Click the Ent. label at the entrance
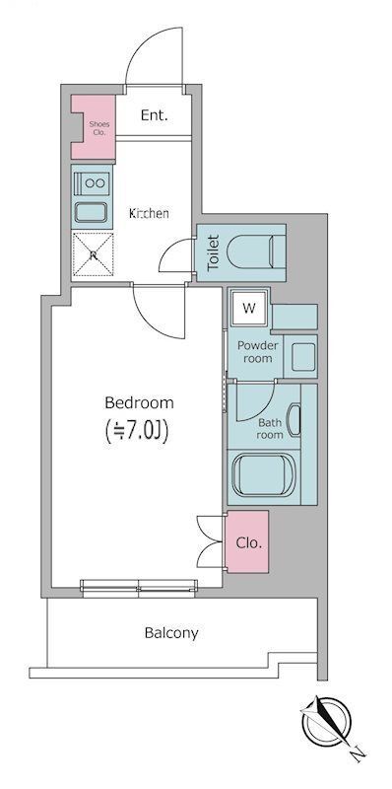point(155,115)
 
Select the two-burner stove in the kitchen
point(92,182)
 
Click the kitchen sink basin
point(91,212)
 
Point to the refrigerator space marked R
point(93,254)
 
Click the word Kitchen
point(149,213)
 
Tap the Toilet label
point(214,252)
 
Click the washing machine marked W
point(249,309)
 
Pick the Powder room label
point(258,352)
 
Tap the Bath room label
point(269,429)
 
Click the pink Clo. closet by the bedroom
point(247,541)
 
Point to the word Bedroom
point(139,403)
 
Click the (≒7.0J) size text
point(136,431)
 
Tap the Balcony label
point(171,632)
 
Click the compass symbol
point(326,721)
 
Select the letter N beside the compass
point(358,753)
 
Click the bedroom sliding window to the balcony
point(139,588)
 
